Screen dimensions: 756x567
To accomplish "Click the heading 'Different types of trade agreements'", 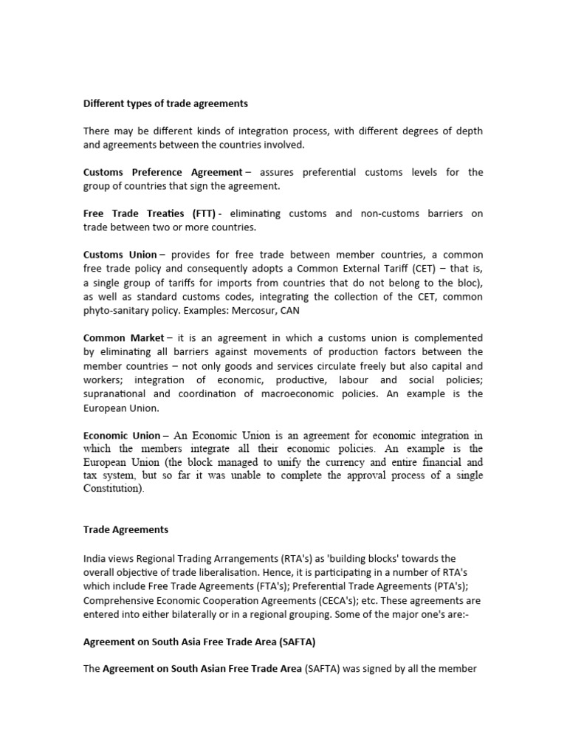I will coord(165,103).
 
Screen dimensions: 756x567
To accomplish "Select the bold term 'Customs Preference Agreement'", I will coord(162,172).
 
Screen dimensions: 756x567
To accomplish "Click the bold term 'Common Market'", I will coord(123,338).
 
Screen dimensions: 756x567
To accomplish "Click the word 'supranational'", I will coord(117,394).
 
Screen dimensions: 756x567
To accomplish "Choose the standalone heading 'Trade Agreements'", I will coord(126,529).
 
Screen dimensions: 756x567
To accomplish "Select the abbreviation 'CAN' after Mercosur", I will coord(289,311).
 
